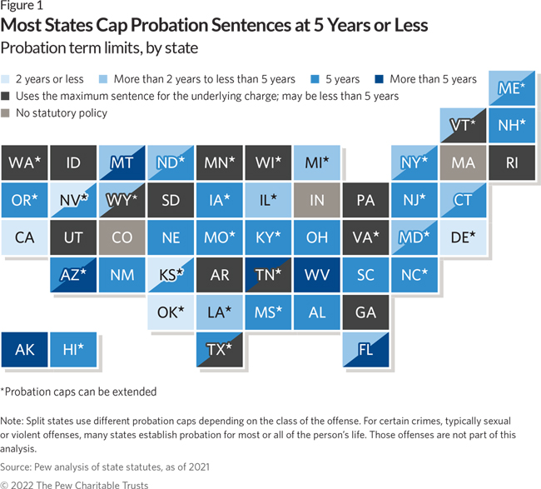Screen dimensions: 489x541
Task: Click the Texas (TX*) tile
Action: point(220,349)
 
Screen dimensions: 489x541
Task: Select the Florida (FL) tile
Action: point(365,349)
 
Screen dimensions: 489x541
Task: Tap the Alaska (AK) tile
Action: point(24,349)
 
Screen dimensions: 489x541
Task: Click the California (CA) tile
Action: point(24,237)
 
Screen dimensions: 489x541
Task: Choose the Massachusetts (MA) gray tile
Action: point(463,162)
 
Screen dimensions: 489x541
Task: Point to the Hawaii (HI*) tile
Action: point(73,349)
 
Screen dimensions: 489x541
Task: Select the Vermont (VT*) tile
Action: point(463,125)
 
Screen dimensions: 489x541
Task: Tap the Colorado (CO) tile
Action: point(122,237)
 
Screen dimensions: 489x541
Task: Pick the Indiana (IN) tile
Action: point(317,200)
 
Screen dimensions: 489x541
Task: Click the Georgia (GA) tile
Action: point(365,312)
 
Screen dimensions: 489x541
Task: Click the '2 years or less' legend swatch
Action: point(7,79)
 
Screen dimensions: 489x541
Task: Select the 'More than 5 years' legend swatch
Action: point(379,79)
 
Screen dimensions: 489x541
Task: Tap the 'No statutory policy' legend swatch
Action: point(7,112)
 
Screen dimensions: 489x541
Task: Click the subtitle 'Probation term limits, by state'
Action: point(99,47)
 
